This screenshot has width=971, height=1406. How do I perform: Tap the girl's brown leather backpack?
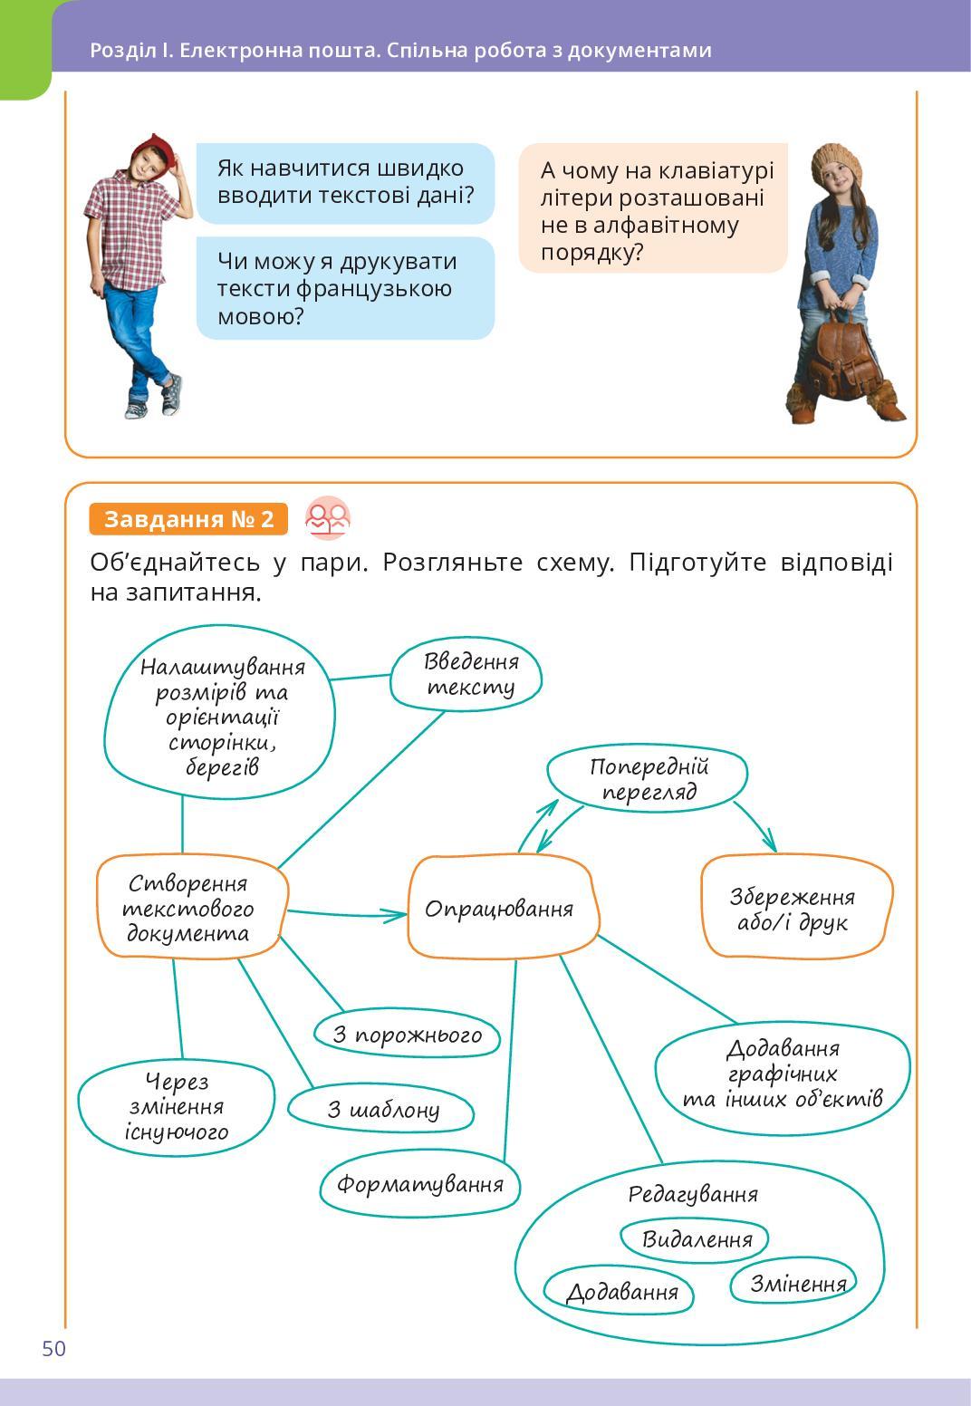(834, 358)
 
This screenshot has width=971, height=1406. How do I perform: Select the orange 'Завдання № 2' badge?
(188, 519)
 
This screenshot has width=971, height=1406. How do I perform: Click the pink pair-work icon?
(327, 518)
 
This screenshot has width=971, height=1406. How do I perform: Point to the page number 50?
(54, 1349)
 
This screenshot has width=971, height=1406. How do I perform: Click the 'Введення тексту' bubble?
(467, 674)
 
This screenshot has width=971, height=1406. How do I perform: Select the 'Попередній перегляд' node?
(648, 779)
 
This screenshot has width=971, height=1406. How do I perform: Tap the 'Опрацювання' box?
(500, 908)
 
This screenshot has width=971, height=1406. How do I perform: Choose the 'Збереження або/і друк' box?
(794, 909)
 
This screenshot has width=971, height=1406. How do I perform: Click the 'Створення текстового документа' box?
(190, 908)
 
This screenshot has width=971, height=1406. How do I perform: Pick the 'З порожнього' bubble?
(408, 1034)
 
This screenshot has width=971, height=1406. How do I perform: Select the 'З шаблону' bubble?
(381, 1109)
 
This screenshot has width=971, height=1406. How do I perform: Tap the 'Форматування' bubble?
(419, 1184)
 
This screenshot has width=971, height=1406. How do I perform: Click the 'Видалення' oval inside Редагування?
(696, 1239)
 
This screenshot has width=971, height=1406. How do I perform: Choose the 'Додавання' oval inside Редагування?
(620, 1292)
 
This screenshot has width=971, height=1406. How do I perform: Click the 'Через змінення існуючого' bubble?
(177, 1107)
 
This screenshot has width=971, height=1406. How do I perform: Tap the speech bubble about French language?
(345, 288)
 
